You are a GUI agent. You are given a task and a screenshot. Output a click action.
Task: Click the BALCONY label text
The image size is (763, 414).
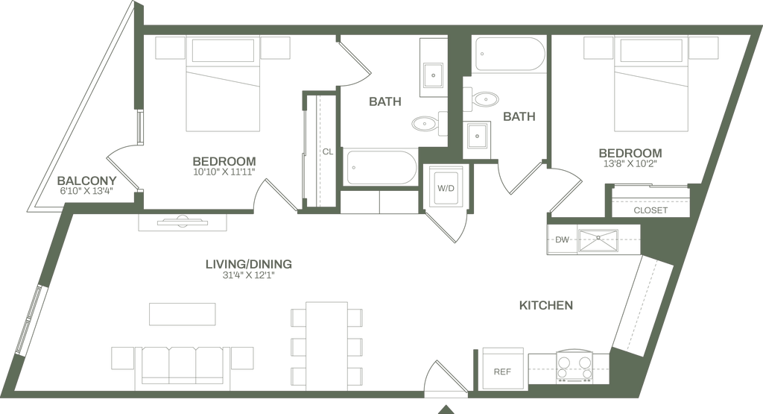[x=87, y=181]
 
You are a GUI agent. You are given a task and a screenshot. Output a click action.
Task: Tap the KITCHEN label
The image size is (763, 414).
[x=545, y=305]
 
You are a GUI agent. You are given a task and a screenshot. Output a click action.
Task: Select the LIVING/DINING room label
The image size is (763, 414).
[x=249, y=264]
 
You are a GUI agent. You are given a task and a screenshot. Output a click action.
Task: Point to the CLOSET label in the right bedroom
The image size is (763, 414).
[x=647, y=210]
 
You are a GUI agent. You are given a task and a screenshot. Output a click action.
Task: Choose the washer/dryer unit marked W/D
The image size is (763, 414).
[x=446, y=188]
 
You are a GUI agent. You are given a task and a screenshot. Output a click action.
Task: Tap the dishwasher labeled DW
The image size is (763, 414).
[x=560, y=240]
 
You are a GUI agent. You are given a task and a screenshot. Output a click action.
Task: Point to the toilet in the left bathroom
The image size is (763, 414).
[x=424, y=123]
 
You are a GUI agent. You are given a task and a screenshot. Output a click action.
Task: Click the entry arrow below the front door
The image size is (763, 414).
[x=445, y=407]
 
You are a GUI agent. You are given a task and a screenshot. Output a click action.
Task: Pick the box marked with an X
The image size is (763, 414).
[x=598, y=240]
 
